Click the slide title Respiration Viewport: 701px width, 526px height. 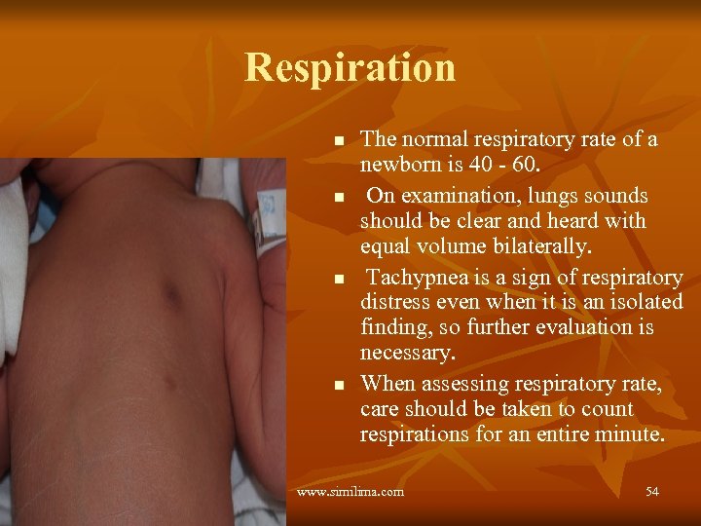pyautogui.click(x=350, y=67)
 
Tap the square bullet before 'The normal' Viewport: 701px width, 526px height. pyautogui.click(x=339, y=142)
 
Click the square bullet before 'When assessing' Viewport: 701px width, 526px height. pyautogui.click(x=339, y=387)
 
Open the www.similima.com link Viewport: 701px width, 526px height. pyautogui.click(x=350, y=492)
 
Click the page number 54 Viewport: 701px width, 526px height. pyautogui.click(x=651, y=492)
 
